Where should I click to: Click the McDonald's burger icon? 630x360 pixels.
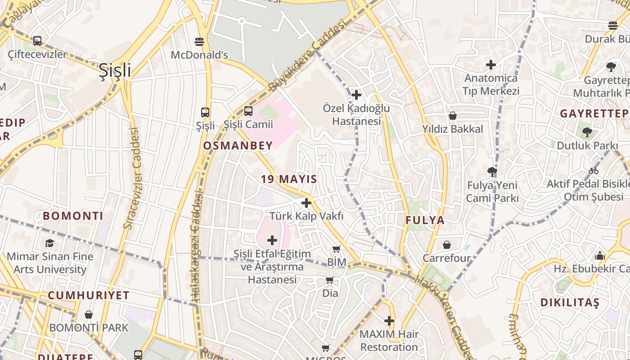click(x=200, y=42)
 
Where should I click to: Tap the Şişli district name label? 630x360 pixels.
click(x=115, y=71)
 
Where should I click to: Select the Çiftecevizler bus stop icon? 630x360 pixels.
click(x=37, y=41)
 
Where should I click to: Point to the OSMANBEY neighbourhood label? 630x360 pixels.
click(x=238, y=145)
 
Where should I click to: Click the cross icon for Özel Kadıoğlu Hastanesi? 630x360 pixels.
click(x=356, y=95)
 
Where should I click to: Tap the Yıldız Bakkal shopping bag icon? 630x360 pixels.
click(x=453, y=116)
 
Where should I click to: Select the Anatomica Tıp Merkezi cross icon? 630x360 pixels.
click(x=491, y=65)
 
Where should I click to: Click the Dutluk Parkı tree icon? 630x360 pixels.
click(x=587, y=132)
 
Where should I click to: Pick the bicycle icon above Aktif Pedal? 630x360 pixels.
click(x=594, y=171)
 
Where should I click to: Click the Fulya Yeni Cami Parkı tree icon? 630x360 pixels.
click(x=492, y=171)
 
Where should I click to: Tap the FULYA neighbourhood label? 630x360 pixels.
click(x=425, y=220)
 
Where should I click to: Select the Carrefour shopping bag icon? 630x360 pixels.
click(x=447, y=245)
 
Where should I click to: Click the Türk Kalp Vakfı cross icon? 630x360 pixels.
click(x=306, y=203)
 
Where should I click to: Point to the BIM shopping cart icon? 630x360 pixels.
click(x=337, y=249)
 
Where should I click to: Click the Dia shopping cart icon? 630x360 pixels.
click(x=330, y=280)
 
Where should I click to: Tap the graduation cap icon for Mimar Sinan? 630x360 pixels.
click(x=49, y=243)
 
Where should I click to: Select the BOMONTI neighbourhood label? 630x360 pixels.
click(x=73, y=216)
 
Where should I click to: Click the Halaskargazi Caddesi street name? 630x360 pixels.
click(x=197, y=247)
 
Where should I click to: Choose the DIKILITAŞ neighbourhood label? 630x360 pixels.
click(x=570, y=302)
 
